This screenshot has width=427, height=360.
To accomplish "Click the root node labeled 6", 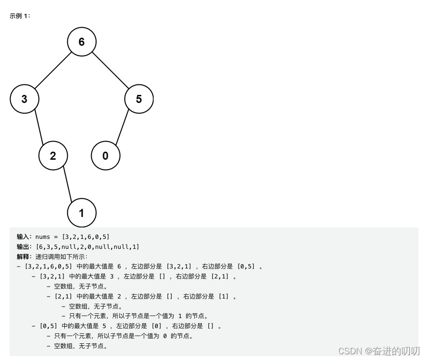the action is [x=82, y=42].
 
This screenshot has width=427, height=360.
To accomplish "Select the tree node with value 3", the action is [x=24, y=99].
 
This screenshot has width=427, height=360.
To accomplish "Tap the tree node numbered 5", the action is [x=139, y=99].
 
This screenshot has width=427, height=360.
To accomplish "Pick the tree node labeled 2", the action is [x=53, y=156].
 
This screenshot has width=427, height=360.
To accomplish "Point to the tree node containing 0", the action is [x=105, y=156].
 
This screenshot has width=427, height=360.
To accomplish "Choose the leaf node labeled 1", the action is [x=82, y=213].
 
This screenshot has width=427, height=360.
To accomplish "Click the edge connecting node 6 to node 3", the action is [x=53, y=70].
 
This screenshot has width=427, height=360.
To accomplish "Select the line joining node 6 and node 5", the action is [x=111, y=70].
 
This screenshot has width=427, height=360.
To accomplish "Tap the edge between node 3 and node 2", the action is [x=39, y=128].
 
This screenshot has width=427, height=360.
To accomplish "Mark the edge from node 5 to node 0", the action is [x=122, y=128].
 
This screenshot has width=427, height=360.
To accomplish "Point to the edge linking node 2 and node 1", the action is [x=67, y=185].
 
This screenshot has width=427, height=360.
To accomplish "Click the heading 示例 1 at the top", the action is [x=20, y=16].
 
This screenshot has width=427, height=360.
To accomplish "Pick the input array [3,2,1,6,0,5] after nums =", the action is [x=86, y=237].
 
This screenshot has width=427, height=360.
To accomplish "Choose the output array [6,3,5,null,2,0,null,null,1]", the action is [x=88, y=247].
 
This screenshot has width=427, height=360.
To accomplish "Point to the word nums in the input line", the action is [x=42, y=237].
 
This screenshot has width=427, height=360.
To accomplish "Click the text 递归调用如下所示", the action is [x=59, y=257].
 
